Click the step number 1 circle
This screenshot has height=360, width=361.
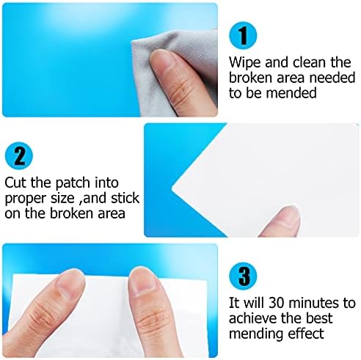pyautogui.click(x=243, y=36)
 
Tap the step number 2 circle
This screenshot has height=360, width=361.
pyautogui.click(x=19, y=156)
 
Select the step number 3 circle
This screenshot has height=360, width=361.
pyautogui.click(x=243, y=276)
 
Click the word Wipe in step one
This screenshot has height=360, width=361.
pyautogui.click(x=245, y=63)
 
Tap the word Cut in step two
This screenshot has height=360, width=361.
pyautogui.click(x=15, y=183)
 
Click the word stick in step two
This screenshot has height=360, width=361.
pyautogui.click(x=125, y=198)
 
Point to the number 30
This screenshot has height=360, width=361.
pyautogui.click(x=277, y=304)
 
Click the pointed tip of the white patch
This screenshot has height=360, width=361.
pyautogui.click(x=172, y=188)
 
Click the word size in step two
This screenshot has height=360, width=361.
pyautogui.click(x=62, y=198)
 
